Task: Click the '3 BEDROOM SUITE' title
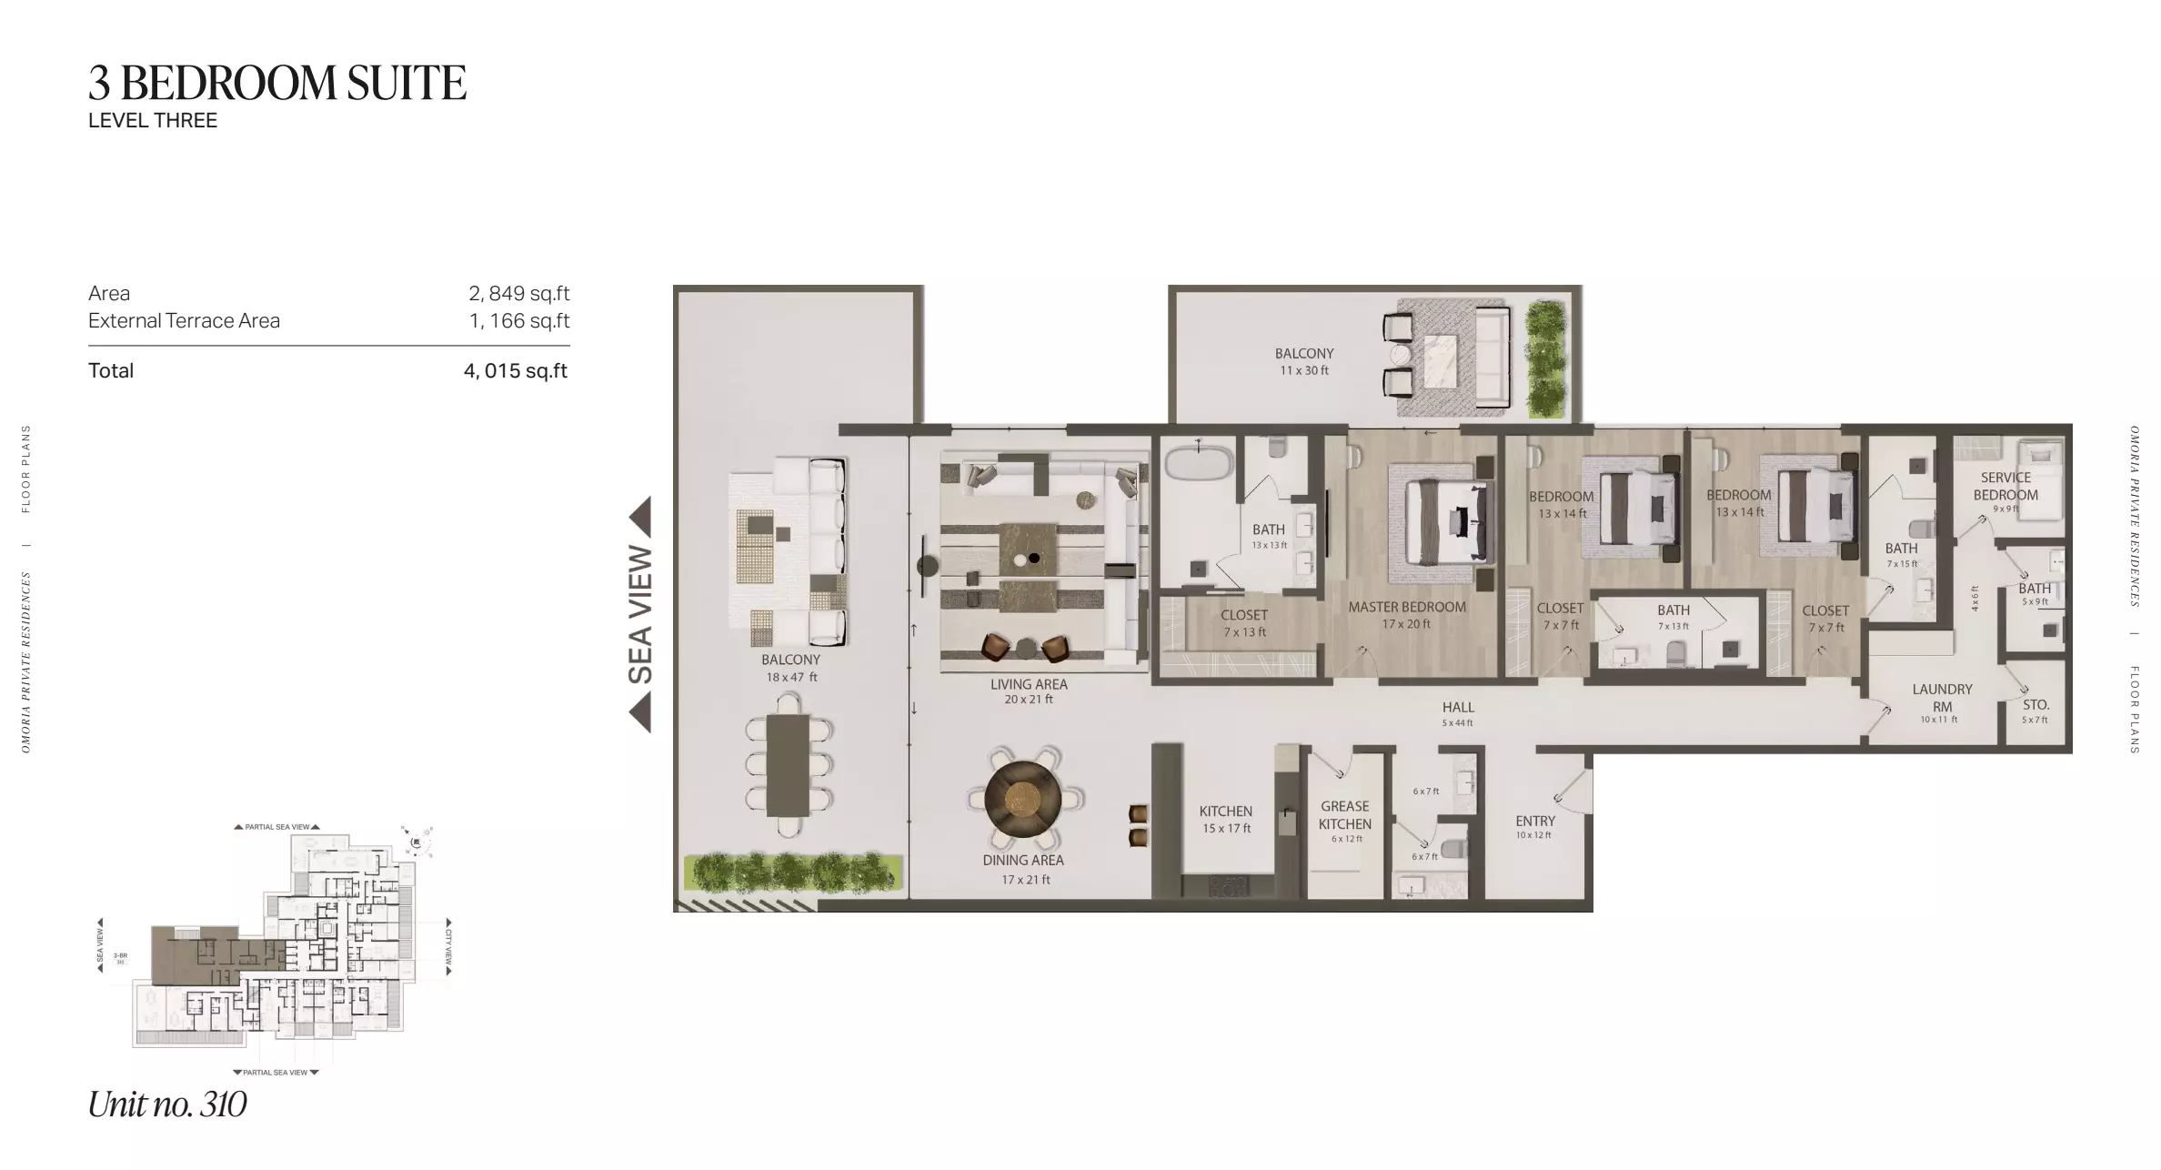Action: point(277,83)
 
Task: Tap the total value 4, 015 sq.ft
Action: point(516,371)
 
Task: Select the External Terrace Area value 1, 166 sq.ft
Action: point(519,321)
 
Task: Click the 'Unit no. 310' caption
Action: point(167,1104)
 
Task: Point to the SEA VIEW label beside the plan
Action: point(640,614)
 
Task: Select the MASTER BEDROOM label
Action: point(1407,607)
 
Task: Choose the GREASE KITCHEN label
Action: point(1345,815)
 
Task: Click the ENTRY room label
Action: point(1535,821)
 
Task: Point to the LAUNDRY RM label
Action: point(1942,698)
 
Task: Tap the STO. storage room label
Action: point(2035,705)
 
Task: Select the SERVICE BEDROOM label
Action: point(2005,486)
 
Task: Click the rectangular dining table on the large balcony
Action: point(788,764)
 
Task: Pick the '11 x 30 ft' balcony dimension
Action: point(1304,371)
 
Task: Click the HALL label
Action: point(1458,707)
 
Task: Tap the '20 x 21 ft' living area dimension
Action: point(1029,700)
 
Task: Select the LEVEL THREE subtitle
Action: point(153,121)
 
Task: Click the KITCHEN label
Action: point(1226,811)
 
